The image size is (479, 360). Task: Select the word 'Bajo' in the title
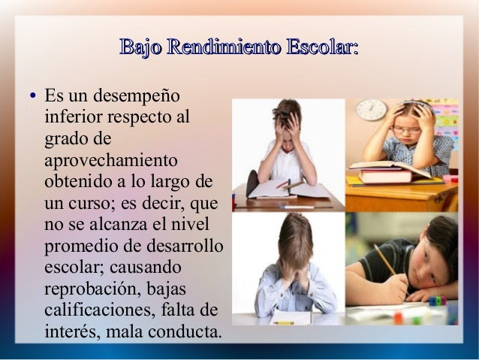coord(140,49)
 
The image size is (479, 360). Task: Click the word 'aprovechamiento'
coord(111,161)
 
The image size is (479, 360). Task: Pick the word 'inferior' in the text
coord(75,118)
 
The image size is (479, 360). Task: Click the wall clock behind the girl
coord(371,110)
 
